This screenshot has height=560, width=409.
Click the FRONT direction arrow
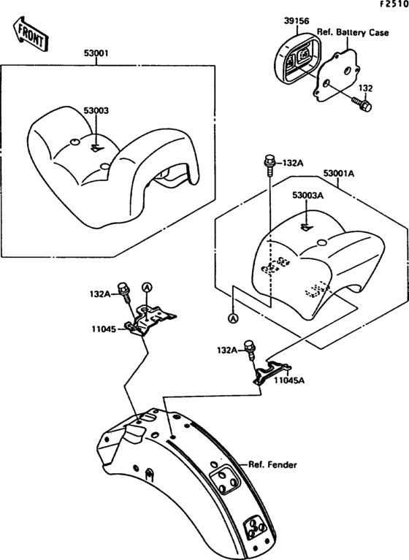(x=30, y=34)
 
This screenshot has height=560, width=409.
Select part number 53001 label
(x=96, y=53)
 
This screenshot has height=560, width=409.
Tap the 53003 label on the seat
(x=96, y=111)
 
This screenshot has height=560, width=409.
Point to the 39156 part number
(x=297, y=21)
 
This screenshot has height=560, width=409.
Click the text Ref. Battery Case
(x=353, y=33)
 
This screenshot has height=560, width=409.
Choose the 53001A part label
(x=339, y=174)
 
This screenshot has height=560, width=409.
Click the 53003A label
(x=308, y=196)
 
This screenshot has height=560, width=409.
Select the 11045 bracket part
(x=150, y=321)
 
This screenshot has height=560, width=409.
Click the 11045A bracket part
(x=272, y=372)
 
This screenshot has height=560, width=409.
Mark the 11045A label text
(x=289, y=380)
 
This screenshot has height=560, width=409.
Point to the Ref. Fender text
(x=272, y=464)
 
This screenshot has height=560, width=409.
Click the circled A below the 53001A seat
(x=233, y=318)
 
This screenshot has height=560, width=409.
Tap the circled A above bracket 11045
(x=148, y=286)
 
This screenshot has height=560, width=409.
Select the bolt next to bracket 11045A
(x=250, y=349)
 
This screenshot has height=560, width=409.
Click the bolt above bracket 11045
(x=123, y=293)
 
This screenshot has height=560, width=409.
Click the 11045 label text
(x=104, y=329)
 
